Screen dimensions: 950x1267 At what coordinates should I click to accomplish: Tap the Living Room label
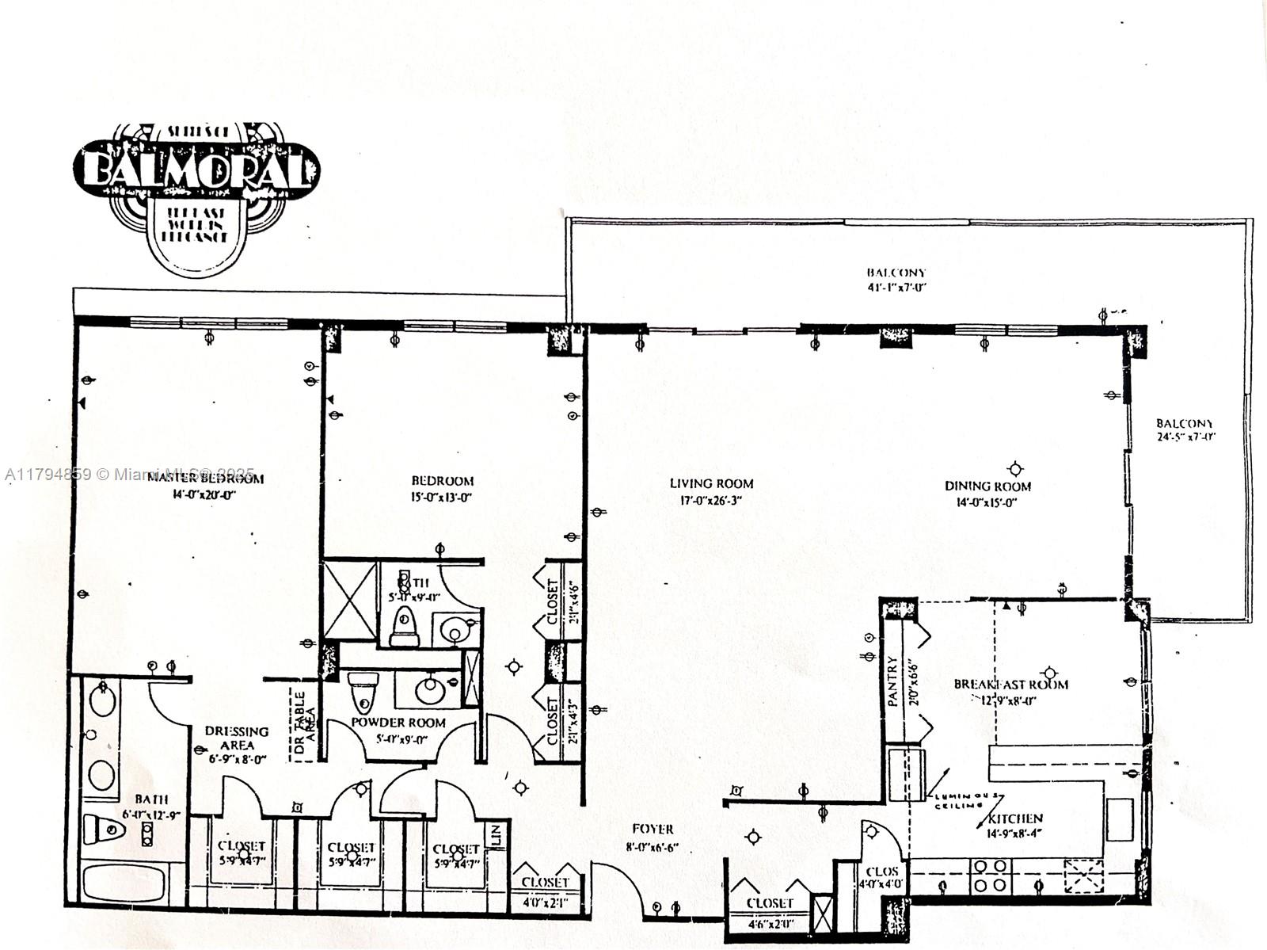coord(711,483)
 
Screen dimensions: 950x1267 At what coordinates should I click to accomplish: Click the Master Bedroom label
coord(205,478)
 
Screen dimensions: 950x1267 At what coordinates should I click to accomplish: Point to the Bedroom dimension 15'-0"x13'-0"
coord(442,498)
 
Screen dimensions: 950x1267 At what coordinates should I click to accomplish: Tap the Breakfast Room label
coord(1010,684)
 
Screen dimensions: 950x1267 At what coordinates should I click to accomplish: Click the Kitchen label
coord(1014,818)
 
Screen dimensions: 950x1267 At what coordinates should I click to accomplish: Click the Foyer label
coord(653,829)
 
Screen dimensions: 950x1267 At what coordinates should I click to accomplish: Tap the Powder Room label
coord(398,723)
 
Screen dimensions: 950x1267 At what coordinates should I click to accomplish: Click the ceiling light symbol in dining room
coord(1014,469)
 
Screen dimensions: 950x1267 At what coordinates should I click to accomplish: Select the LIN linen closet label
coord(496,834)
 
